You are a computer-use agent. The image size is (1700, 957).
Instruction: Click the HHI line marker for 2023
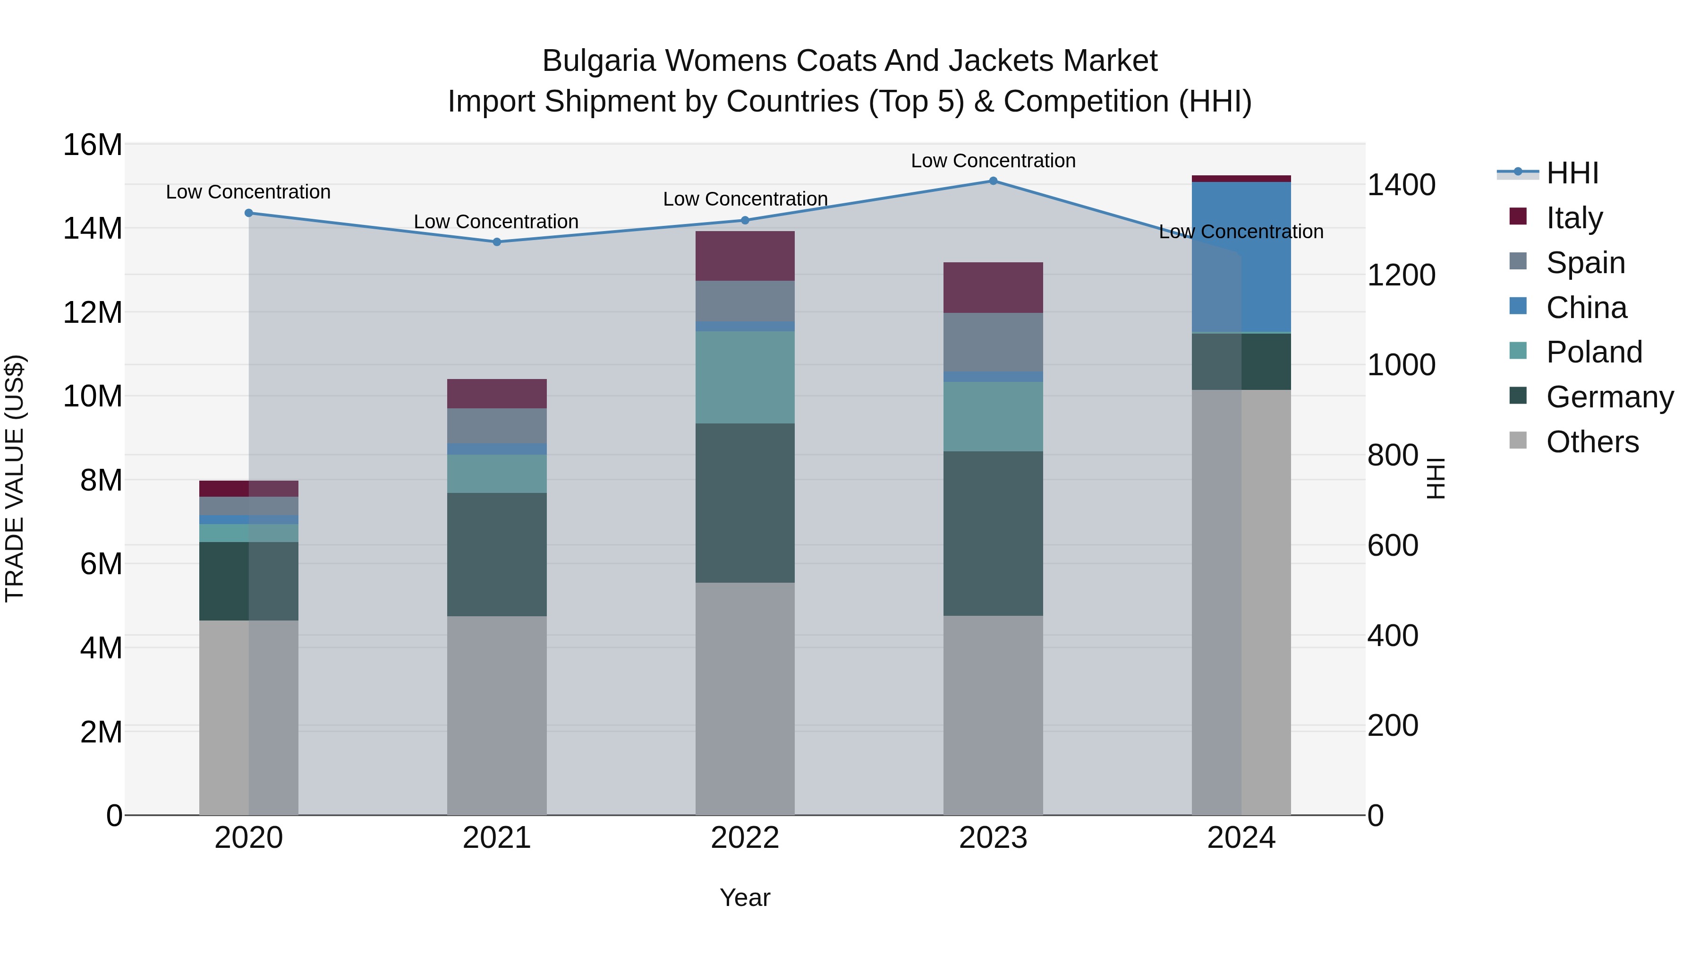click(x=993, y=181)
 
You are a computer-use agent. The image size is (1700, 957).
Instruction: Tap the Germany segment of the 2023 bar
click(x=993, y=534)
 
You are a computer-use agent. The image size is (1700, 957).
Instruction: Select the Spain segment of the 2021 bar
click(x=497, y=426)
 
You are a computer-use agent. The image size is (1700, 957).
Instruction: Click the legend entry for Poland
click(x=1593, y=352)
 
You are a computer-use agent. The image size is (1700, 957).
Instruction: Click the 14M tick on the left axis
click(x=93, y=229)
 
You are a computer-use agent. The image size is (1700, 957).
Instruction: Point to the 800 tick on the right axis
click(x=1393, y=455)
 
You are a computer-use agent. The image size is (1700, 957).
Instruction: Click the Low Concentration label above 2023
click(x=993, y=161)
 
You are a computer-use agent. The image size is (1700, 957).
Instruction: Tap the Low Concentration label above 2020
click(x=248, y=192)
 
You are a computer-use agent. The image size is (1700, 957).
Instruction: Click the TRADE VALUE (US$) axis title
click(x=15, y=478)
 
